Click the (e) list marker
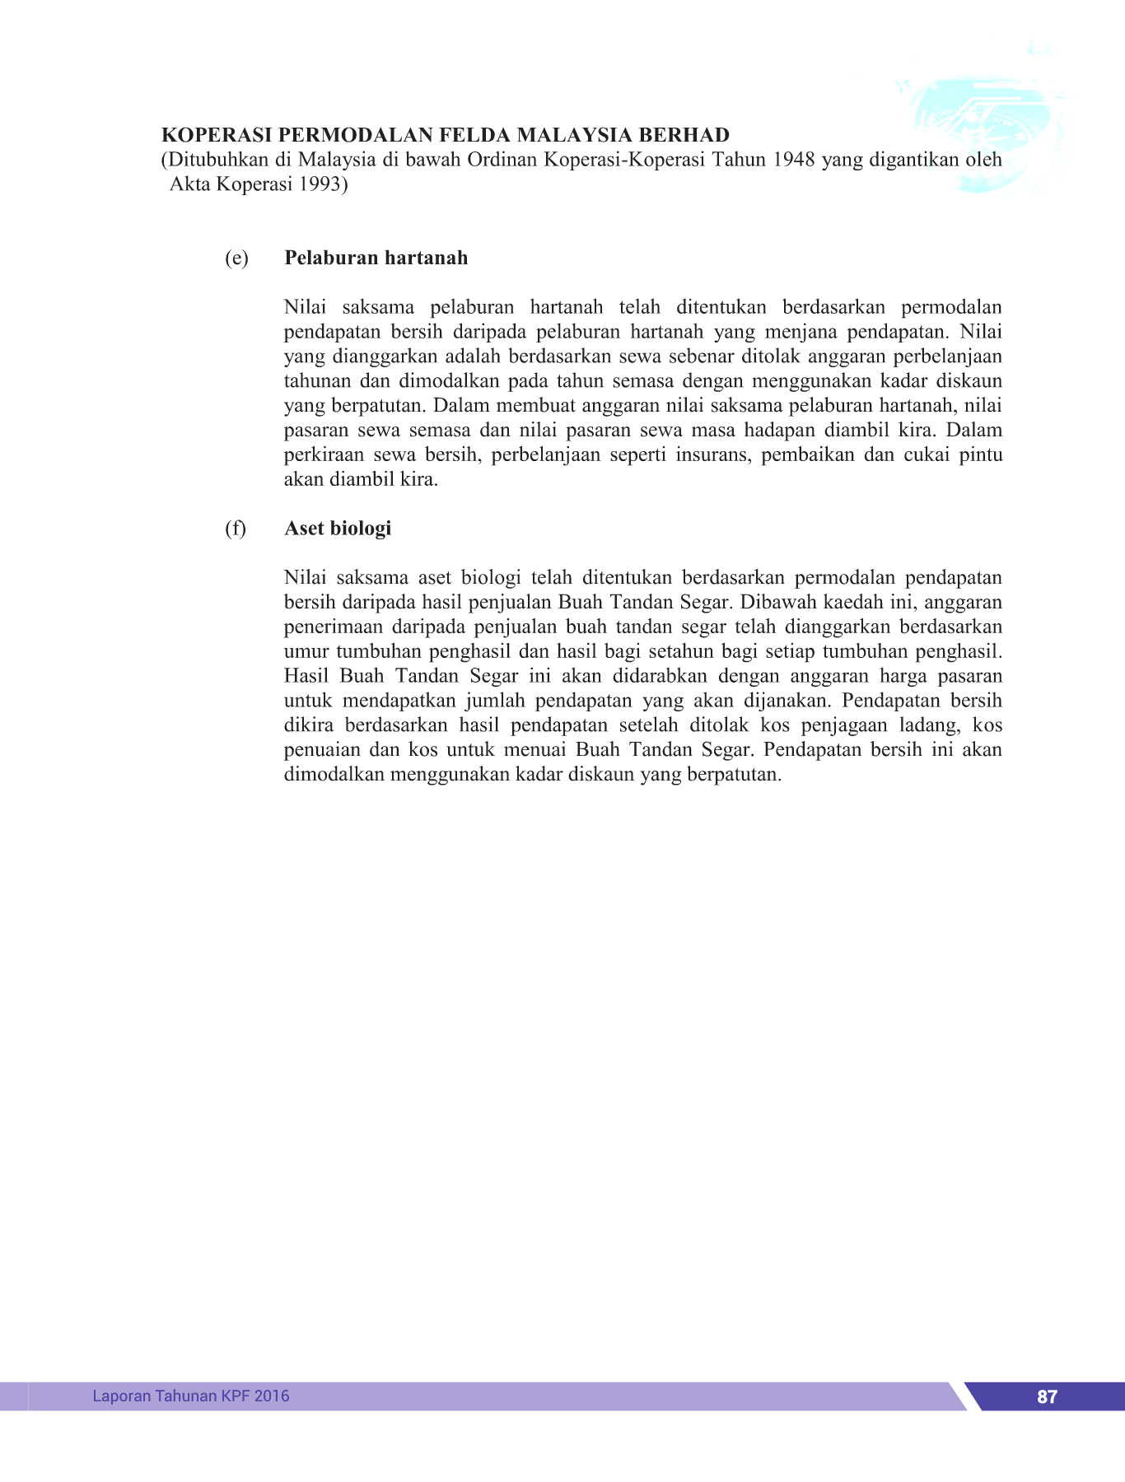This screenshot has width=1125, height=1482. pos(236,258)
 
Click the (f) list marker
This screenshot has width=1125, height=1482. pos(236,528)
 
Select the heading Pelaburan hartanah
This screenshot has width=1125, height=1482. pos(376,258)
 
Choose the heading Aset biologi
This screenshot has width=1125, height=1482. pos(338,528)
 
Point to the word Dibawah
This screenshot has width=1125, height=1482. pos(775,602)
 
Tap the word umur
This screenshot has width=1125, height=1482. pos(306,651)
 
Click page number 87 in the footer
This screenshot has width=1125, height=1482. pos(1047,1396)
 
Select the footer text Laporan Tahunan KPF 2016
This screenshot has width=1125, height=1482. pos(191,1396)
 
